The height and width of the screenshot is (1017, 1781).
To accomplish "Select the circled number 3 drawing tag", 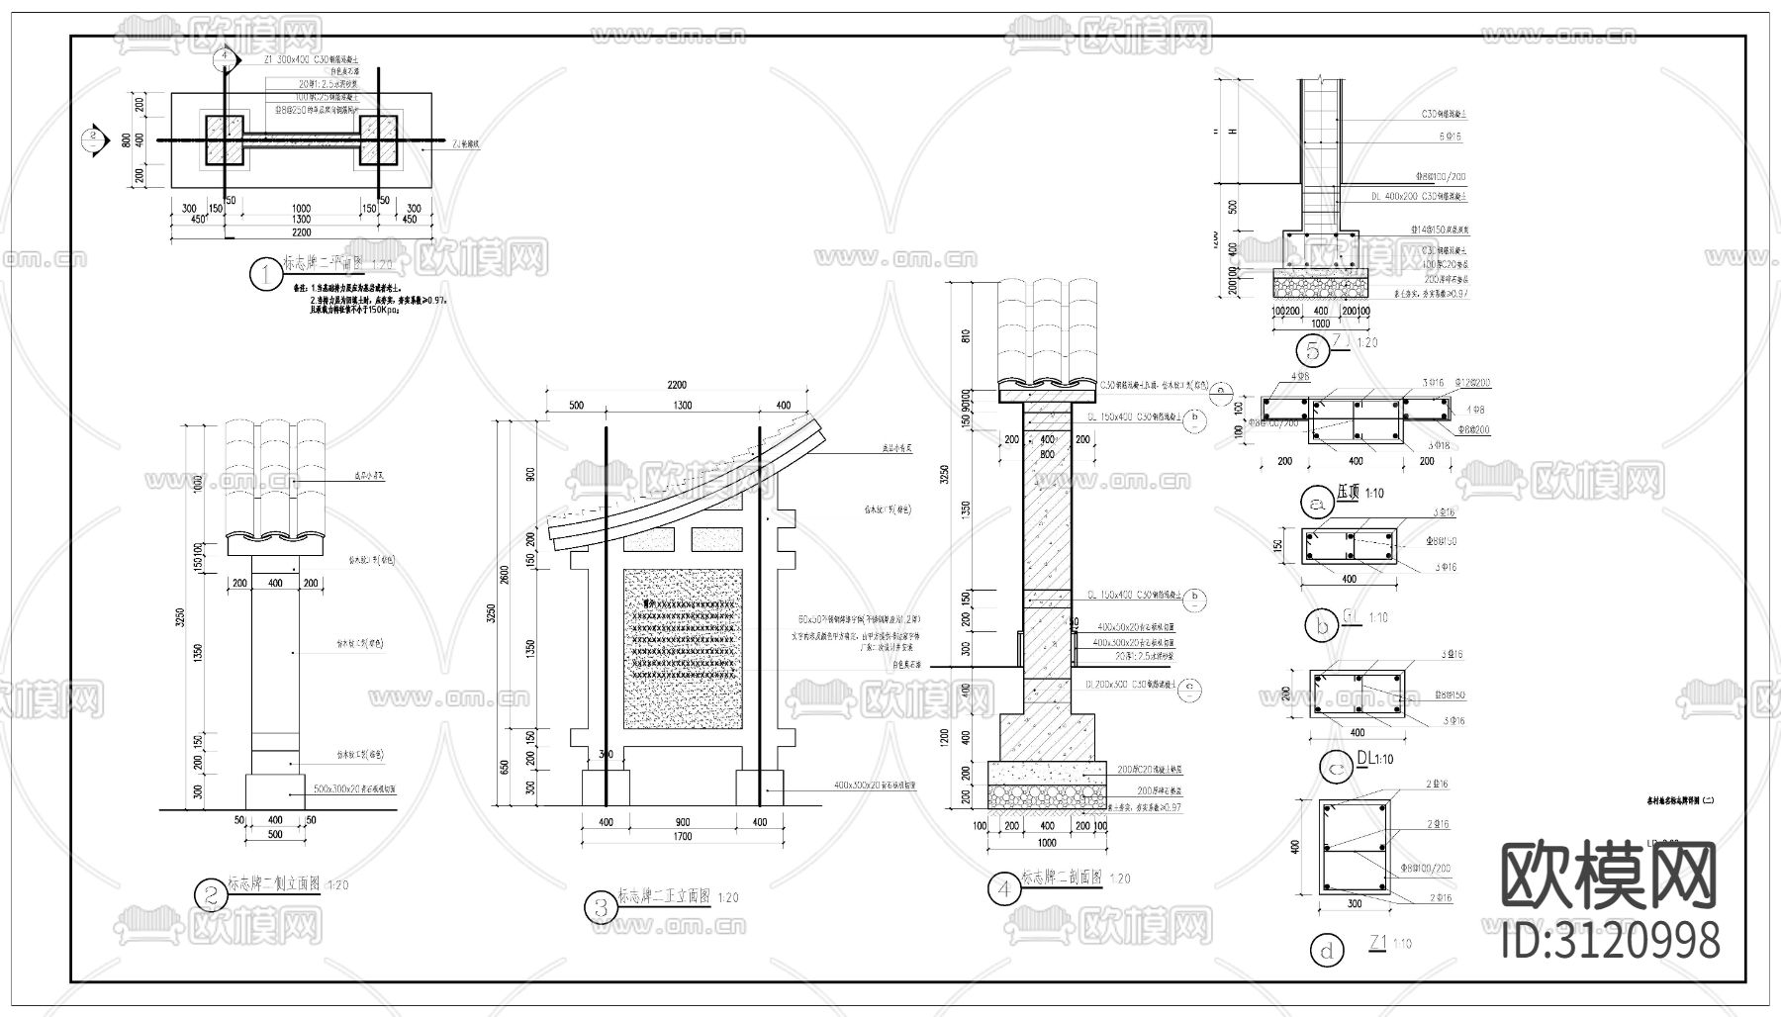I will pyautogui.click(x=601, y=907).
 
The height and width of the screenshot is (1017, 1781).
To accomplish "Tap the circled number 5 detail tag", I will pyautogui.click(x=1312, y=350).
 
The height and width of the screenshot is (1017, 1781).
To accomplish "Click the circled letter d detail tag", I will pyautogui.click(x=1327, y=952).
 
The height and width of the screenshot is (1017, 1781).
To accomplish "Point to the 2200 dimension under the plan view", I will pyautogui.click(x=301, y=232).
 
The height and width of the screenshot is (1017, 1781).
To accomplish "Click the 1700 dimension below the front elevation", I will pyautogui.click(x=683, y=837).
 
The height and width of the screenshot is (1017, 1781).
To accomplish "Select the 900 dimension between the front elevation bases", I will pyautogui.click(x=683, y=822).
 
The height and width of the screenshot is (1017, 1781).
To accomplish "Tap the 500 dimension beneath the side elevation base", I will pyautogui.click(x=275, y=834).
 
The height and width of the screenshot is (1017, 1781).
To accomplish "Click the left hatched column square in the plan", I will pyautogui.click(x=225, y=139).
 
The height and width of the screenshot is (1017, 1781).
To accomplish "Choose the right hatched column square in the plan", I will pyautogui.click(x=378, y=139).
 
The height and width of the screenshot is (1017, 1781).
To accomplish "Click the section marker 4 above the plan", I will pyautogui.click(x=226, y=58).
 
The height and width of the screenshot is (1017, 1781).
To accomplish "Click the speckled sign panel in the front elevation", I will pyautogui.click(x=682, y=648).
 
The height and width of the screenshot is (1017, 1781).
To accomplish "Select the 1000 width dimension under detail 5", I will pyautogui.click(x=1320, y=324).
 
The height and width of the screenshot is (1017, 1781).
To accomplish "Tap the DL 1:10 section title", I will pyautogui.click(x=1375, y=759).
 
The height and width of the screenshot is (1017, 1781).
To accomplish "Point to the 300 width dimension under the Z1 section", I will pyautogui.click(x=1355, y=903).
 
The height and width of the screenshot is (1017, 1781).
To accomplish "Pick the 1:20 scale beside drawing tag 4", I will pyautogui.click(x=1120, y=878).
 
